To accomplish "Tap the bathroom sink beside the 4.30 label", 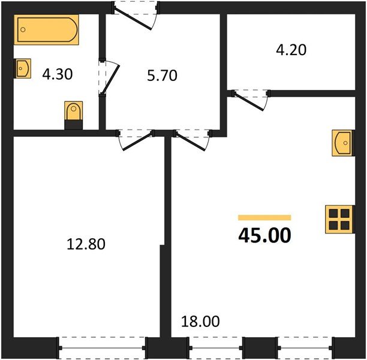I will click(22, 68).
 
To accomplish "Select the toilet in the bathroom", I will click(73, 114).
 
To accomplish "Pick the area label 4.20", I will click(291, 50).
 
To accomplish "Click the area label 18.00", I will click(200, 322).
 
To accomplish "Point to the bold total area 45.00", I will click(264, 235).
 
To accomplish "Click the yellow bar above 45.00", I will click(264, 218).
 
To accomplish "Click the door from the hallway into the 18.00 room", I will click(191, 140).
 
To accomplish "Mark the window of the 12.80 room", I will click(103, 347).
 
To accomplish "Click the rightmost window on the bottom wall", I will click(305, 347).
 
